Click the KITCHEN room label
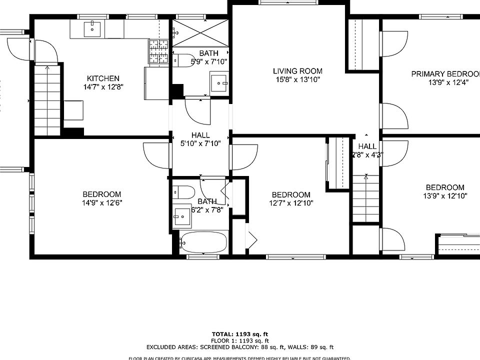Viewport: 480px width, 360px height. click(103, 78)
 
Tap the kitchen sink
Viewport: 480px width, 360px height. click(92, 29)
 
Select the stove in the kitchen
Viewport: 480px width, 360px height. click(159, 51)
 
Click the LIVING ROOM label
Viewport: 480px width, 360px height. click(297, 71)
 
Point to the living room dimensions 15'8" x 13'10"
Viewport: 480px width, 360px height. click(297, 79)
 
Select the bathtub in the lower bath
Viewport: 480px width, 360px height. click(203, 243)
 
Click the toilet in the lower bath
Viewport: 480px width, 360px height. click(183, 192)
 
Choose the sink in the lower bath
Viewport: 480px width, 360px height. click(181, 216)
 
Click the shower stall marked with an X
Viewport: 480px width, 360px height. click(200, 32)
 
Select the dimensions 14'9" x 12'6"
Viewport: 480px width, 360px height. click(102, 203)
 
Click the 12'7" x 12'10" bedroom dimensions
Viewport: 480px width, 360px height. click(291, 203)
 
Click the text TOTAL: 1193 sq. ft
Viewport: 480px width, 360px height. click(240, 333)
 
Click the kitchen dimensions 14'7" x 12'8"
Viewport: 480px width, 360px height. click(103, 87)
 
